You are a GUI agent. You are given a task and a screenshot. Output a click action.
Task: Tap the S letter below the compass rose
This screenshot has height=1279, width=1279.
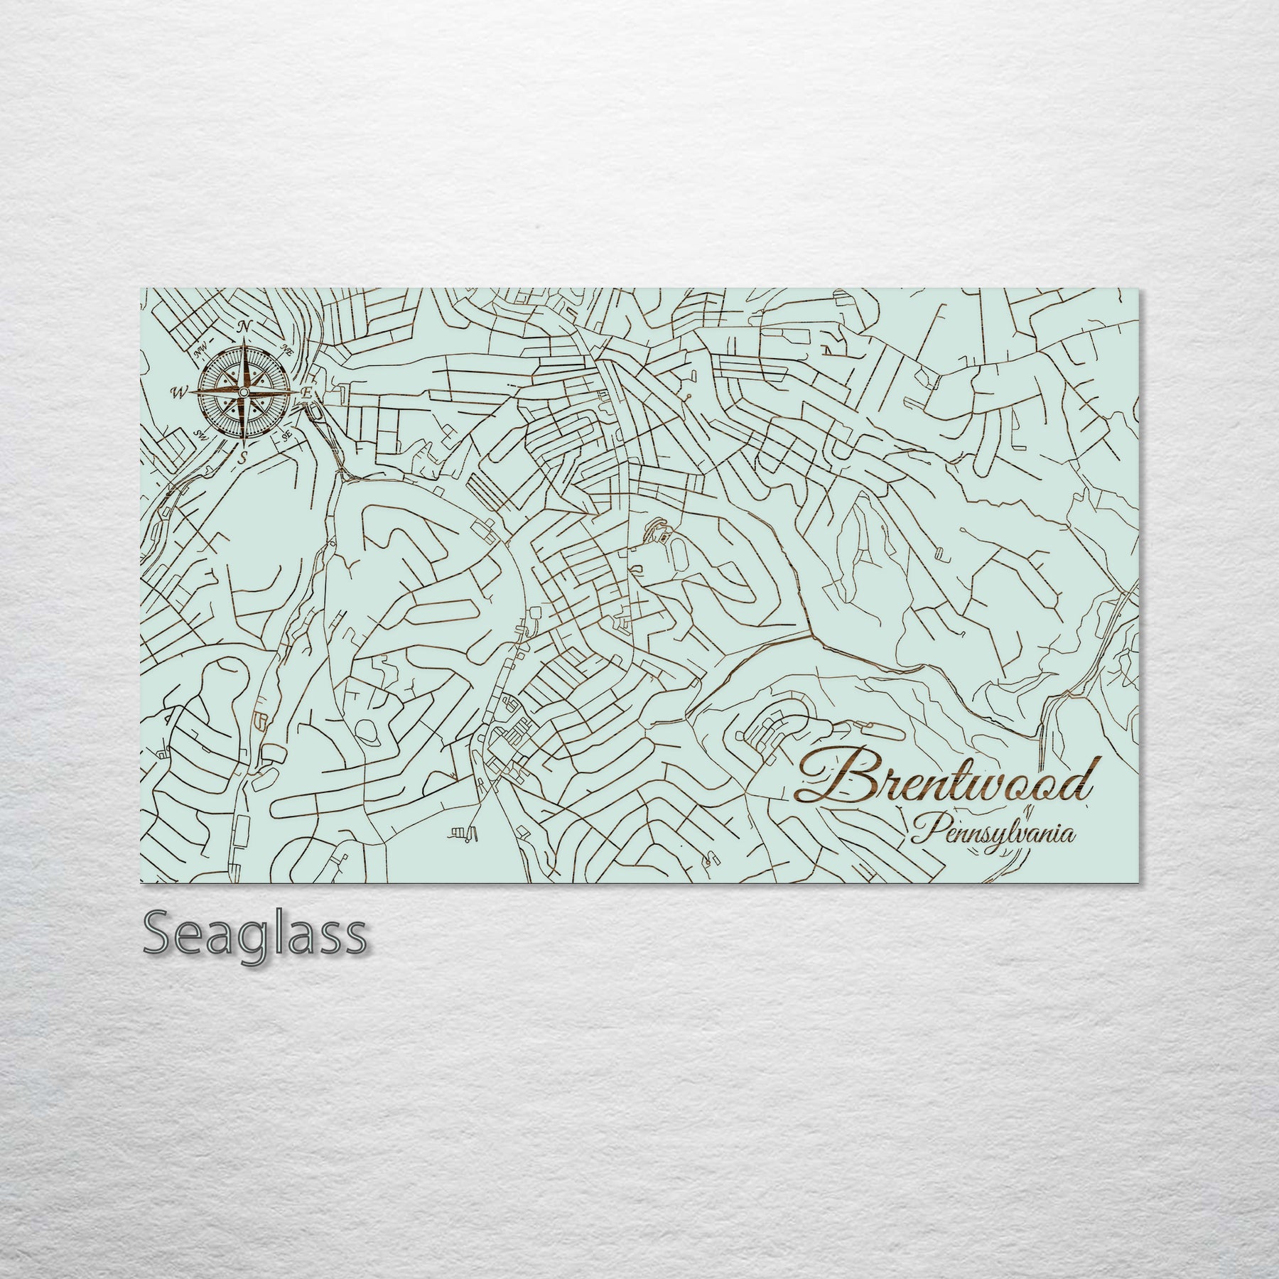coord(243,457)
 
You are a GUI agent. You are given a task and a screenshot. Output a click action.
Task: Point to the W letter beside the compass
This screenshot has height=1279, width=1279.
coord(178,392)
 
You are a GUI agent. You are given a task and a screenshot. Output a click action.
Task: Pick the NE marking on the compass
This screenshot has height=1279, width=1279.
coord(286,350)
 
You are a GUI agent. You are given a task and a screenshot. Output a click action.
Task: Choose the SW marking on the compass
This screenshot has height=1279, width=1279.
coord(200,433)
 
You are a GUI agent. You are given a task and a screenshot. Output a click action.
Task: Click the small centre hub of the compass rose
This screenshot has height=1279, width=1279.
coord(243,392)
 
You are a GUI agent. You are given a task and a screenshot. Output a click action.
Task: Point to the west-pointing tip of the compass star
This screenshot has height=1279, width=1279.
coord(193,392)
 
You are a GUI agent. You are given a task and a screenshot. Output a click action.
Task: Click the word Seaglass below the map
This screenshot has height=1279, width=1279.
coord(255,936)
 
